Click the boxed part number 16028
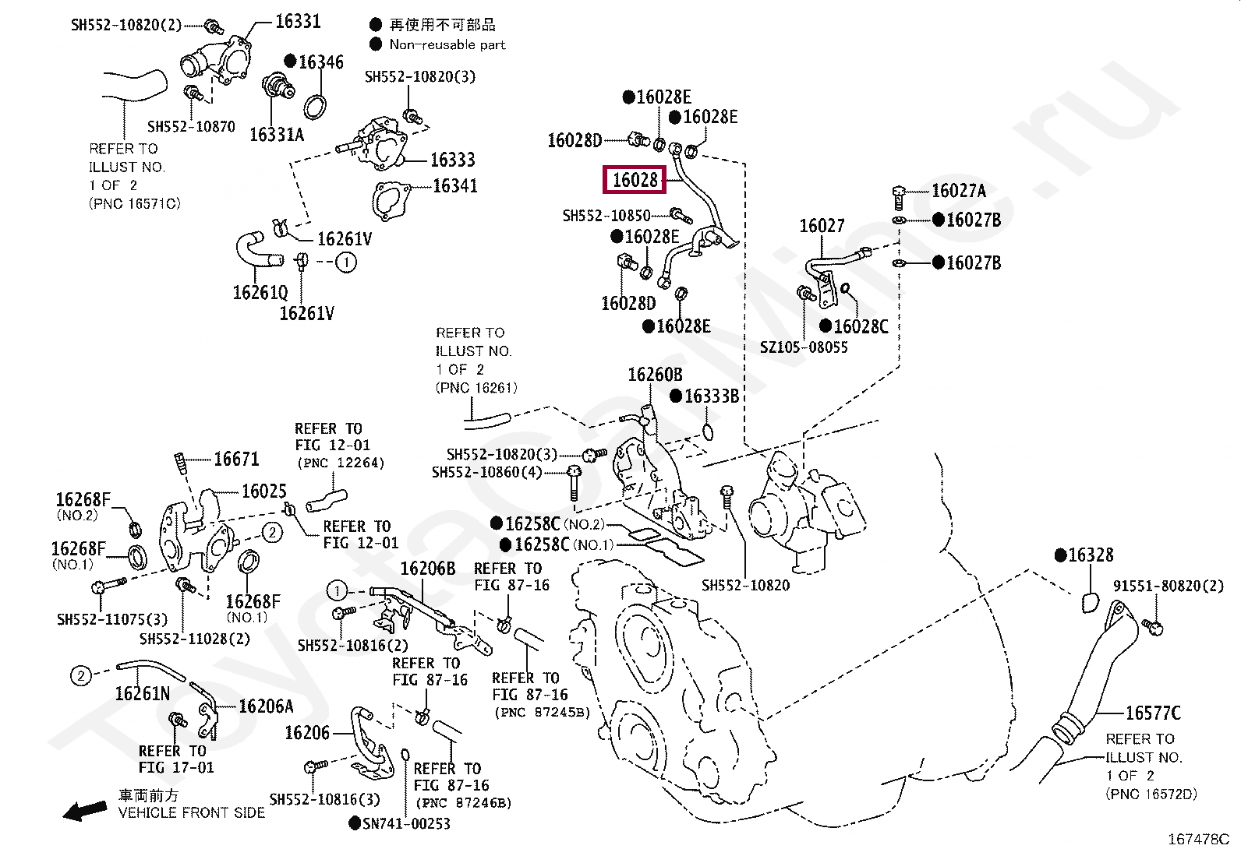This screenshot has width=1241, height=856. pos(635,181)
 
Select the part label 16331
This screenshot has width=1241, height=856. pos(298,22)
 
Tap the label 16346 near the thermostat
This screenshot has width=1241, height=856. pos(320,62)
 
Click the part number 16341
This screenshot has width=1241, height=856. pos(454,186)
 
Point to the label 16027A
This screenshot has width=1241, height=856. pos(958,191)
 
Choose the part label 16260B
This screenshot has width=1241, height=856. pos(655,375)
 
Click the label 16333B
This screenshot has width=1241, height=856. pos(711,396)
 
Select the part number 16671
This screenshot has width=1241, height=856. pos(236,460)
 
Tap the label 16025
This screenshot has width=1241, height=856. pos(263,491)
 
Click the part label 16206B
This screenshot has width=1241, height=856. pos(427,569)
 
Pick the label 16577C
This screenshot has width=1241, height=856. pos(1152,713)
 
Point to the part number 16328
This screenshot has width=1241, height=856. pos(1090,555)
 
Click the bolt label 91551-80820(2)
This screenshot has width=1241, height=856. pos(1168,586)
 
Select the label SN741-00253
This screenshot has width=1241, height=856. pos(406,823)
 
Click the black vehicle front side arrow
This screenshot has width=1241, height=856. pos(85,811)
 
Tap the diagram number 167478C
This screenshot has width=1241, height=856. pos(1197,839)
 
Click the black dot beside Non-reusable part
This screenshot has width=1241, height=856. pos(376,44)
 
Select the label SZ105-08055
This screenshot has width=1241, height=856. pos(803,347)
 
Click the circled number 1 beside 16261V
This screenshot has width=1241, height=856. pos(346,262)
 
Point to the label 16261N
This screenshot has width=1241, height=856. pos(142,693)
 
